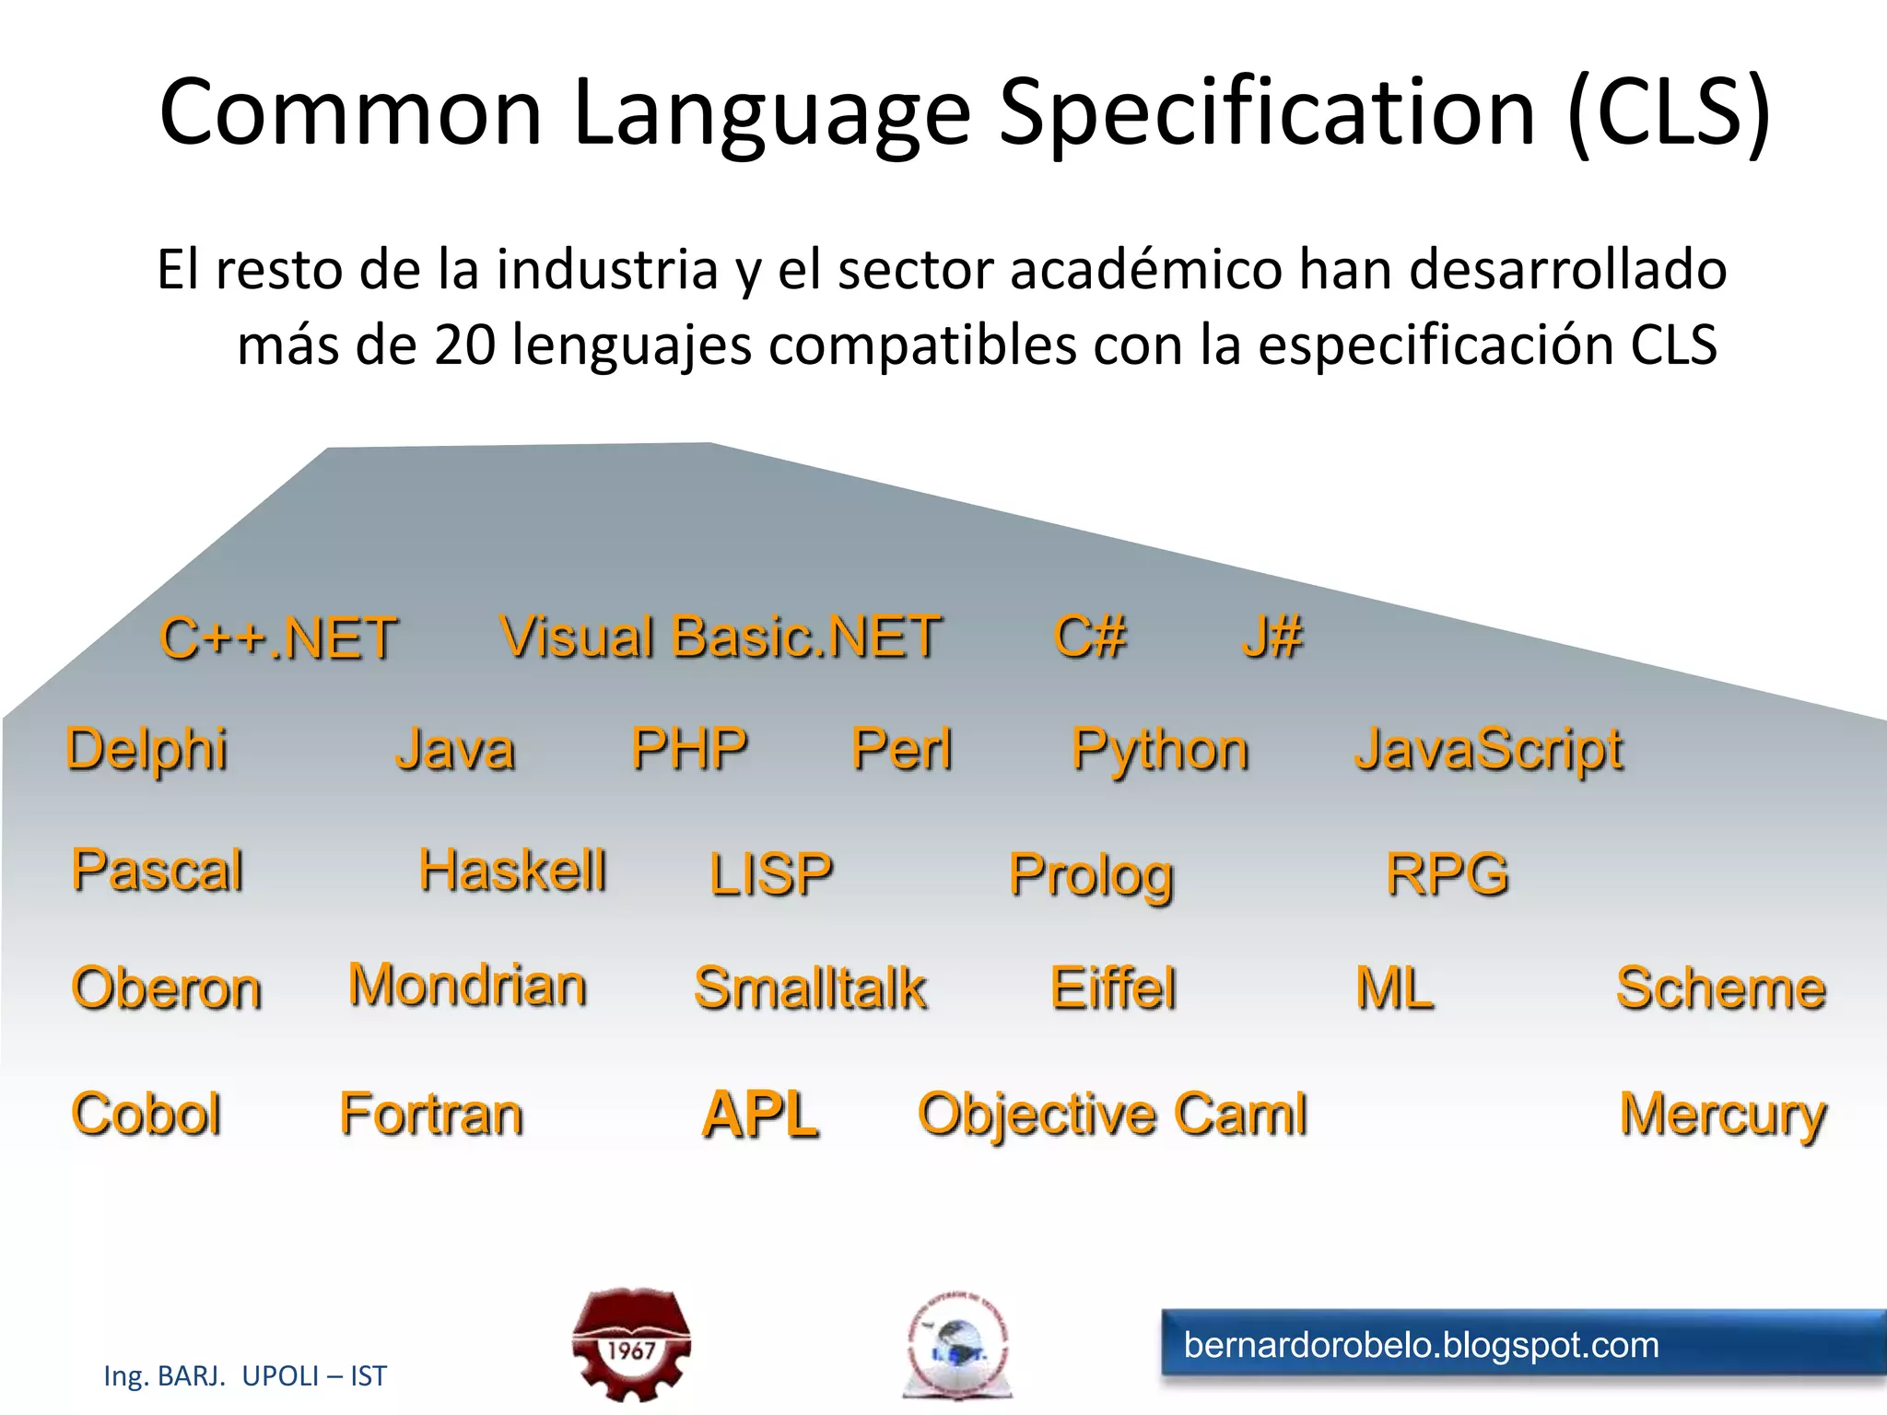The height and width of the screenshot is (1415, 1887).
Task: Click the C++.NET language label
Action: pos(278,638)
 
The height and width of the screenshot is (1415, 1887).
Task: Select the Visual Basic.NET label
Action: pos(721,637)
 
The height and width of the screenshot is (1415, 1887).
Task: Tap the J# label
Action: pos(1272,637)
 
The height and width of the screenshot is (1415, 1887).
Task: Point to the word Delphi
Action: pos(147,749)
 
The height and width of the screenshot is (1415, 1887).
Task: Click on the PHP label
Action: pos(689,749)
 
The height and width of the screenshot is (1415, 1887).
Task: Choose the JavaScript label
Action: pos(1489,750)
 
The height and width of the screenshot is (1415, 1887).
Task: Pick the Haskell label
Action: pos(513,871)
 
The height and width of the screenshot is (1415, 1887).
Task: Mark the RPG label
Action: pos(1447,873)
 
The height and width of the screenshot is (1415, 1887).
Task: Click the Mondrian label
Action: pos(467,986)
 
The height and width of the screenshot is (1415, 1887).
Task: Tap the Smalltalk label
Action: pos(810,988)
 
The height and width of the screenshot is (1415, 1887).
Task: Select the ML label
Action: pos(1395,988)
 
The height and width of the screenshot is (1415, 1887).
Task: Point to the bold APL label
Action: pos(760,1115)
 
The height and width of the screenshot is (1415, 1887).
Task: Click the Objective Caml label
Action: pos(1113,1115)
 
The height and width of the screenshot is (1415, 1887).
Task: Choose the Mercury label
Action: pos(1723,1116)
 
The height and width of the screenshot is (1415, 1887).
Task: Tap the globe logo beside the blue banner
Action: pos(957,1347)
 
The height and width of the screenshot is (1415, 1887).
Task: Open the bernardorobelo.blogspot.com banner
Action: pos(1520,1345)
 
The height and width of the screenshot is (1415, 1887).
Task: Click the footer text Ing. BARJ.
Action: pos(164,1376)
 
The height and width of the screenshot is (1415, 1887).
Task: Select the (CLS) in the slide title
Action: pos(1669,111)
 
